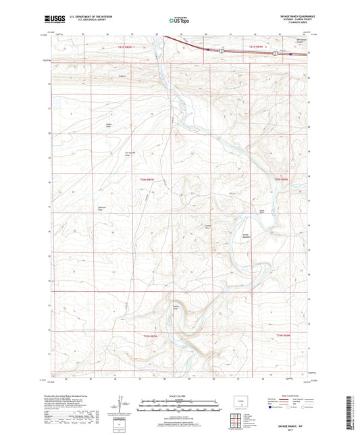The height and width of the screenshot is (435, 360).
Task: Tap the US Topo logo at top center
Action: coord(177,21)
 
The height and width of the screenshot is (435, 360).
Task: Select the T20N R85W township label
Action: coord(148,179)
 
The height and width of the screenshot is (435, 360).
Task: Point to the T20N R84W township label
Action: coord(281,179)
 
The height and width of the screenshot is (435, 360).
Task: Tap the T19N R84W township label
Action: coord(282,336)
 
